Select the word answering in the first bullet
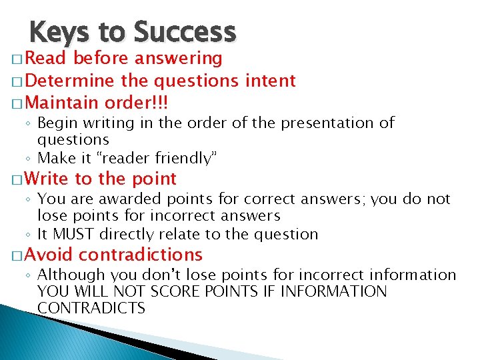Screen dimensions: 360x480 coord(178,59)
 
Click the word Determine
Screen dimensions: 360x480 coord(72,81)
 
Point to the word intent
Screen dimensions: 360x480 coord(270,81)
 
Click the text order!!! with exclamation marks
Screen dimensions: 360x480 coord(137,103)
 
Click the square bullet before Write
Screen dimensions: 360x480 coord(17,179)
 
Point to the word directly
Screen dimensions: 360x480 coord(120,234)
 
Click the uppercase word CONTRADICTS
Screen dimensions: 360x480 coord(91,308)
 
